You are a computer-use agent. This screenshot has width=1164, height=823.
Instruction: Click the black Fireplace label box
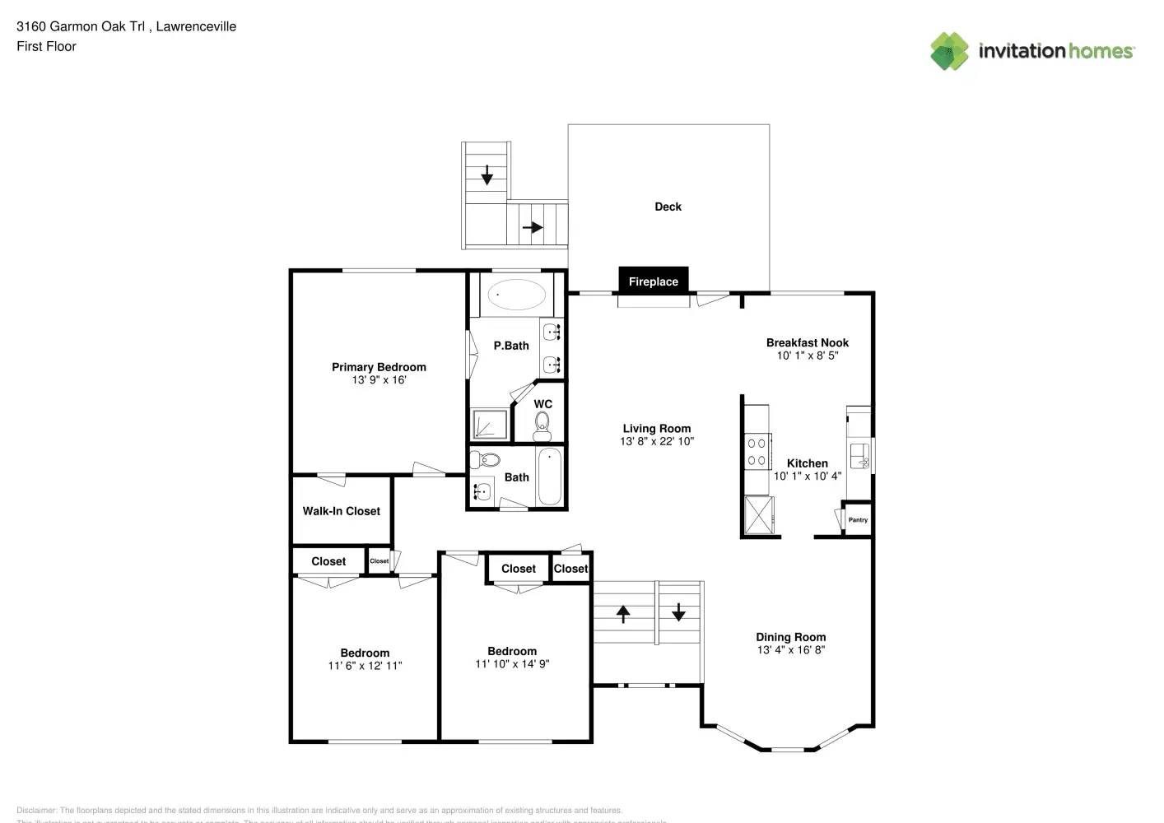coord(653,281)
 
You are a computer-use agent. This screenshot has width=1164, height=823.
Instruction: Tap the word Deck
coord(668,207)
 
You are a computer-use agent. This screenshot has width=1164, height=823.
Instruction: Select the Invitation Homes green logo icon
coord(949,51)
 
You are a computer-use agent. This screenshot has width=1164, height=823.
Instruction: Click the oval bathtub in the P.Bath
coord(516,295)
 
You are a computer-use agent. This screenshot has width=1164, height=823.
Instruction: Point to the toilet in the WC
coord(542,424)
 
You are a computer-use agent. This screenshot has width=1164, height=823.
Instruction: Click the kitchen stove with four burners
coord(757,452)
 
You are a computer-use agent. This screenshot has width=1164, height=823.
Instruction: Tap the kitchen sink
coord(859,453)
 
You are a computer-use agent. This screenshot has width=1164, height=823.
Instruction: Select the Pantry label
coord(858,520)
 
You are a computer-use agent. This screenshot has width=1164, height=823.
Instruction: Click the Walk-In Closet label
coord(341,511)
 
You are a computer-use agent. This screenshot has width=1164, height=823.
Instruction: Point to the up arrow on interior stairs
coord(623,613)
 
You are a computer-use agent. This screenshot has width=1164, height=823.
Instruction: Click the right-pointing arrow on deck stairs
coord(533,227)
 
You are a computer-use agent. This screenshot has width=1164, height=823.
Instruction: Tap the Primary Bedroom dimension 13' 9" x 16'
coord(379,380)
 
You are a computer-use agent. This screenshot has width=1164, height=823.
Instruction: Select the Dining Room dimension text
coord(790,650)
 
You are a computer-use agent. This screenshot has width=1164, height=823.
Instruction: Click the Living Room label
coord(656,428)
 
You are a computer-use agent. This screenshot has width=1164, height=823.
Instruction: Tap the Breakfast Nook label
coord(807,342)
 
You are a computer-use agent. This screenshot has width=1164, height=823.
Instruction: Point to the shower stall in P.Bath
coord(489,425)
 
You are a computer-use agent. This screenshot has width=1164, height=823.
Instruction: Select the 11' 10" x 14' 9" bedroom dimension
coord(511,664)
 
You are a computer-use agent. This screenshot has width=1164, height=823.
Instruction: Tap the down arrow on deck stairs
coord(487,174)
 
